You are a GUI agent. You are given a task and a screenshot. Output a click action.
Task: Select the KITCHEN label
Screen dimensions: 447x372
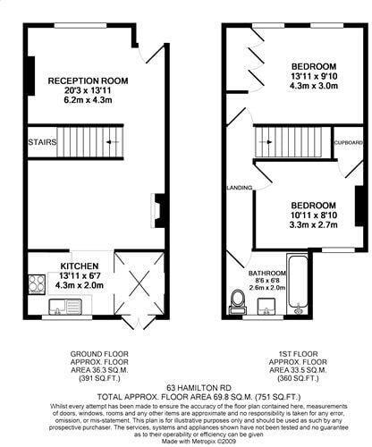tap(79, 266)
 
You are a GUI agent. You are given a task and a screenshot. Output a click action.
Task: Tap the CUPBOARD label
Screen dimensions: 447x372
tap(348, 143)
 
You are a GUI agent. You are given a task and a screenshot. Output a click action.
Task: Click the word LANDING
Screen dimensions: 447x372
tap(240, 188)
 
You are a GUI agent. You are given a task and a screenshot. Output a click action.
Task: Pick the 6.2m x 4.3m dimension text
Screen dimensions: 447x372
tap(88, 104)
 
